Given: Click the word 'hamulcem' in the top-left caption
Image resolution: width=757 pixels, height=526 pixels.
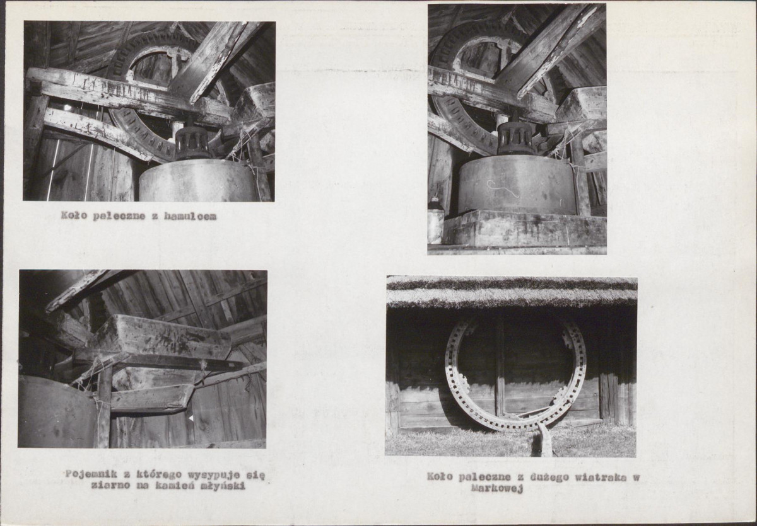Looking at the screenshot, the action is [x=191, y=216].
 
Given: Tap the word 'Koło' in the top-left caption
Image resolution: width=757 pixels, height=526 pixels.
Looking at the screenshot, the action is [x=73, y=215].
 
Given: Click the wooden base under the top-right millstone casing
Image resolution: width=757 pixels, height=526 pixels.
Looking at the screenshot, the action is [x=525, y=229].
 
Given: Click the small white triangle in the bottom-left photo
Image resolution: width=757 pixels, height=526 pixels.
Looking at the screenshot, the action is [x=191, y=418].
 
